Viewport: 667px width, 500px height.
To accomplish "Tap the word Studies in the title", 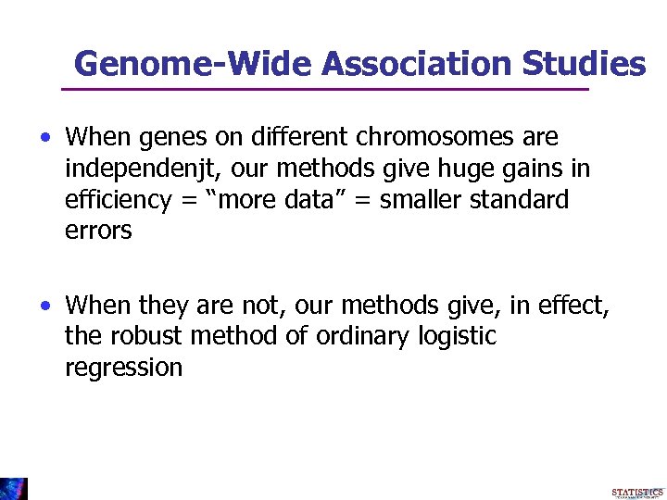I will click(585, 63).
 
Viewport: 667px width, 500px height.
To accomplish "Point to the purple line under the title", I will click(324, 90).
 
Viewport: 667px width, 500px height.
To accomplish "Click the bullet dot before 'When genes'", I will click(44, 139).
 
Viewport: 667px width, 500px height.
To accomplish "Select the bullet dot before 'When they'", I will click(44, 306).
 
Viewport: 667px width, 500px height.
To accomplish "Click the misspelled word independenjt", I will click(145, 169).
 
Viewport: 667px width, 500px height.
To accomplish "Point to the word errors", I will click(98, 231).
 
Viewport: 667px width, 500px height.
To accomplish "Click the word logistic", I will click(458, 336).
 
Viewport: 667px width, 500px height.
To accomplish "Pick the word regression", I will click(123, 368).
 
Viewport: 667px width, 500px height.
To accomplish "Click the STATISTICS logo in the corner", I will click(636, 492).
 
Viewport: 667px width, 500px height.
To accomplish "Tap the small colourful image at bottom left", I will click(14, 488).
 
